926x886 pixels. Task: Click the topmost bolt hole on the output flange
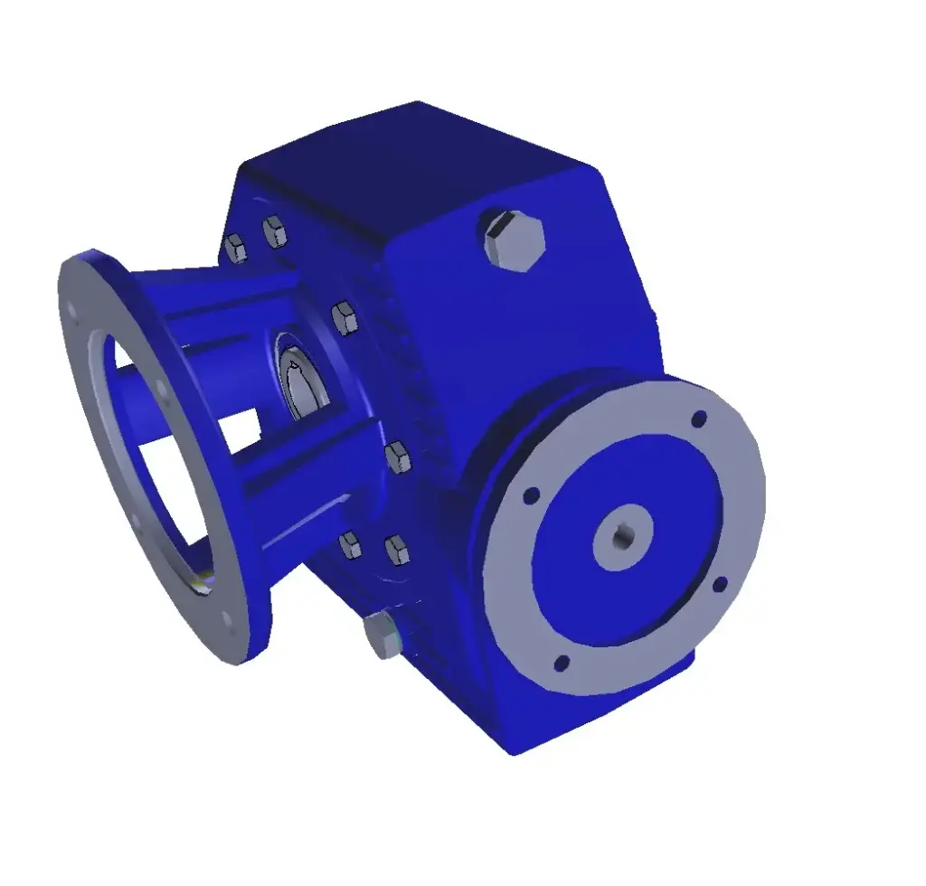698,419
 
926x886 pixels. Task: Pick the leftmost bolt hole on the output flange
531,495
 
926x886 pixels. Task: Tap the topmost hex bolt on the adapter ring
274,231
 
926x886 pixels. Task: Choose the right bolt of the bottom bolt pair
396,550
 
